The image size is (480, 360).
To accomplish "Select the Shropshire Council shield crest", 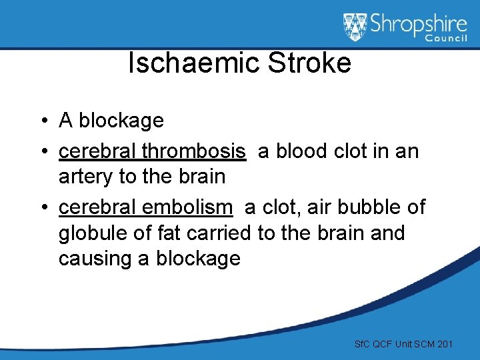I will click(x=355, y=27).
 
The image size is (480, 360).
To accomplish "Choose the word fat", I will click(x=171, y=233).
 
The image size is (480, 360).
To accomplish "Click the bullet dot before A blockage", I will click(x=42, y=121).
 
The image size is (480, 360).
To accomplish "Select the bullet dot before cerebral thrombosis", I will click(x=42, y=152).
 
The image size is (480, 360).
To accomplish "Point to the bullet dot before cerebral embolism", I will click(x=42, y=208).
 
